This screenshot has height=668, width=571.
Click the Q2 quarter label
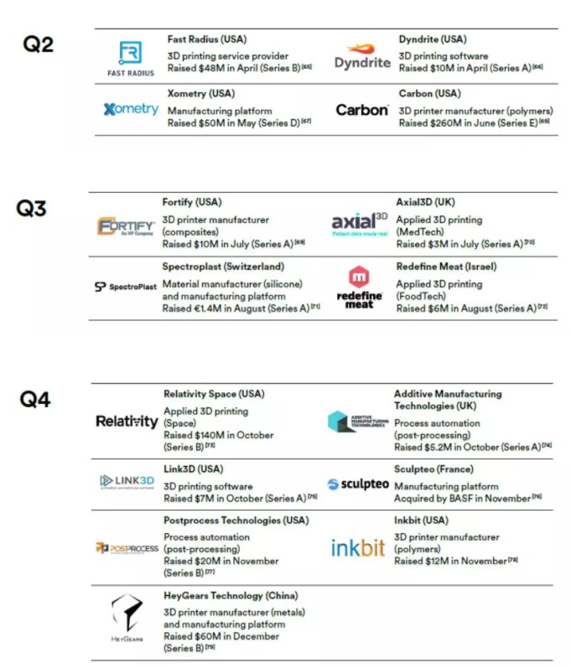point(37,44)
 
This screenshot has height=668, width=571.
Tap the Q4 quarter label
point(35,400)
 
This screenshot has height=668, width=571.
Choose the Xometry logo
point(131,109)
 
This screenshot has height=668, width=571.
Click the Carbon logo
point(361,110)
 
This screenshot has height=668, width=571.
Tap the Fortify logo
point(125,228)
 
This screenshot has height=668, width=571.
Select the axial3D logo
point(360,224)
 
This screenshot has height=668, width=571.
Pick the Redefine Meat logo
point(360,287)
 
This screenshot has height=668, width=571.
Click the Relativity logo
point(127,422)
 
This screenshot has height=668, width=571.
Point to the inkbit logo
point(357,548)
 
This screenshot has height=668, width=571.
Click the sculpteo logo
point(357,484)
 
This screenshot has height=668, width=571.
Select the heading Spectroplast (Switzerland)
point(223,267)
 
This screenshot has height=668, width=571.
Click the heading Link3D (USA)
point(194,469)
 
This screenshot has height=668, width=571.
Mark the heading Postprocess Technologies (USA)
point(236,520)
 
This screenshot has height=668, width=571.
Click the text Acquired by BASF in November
point(463,499)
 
